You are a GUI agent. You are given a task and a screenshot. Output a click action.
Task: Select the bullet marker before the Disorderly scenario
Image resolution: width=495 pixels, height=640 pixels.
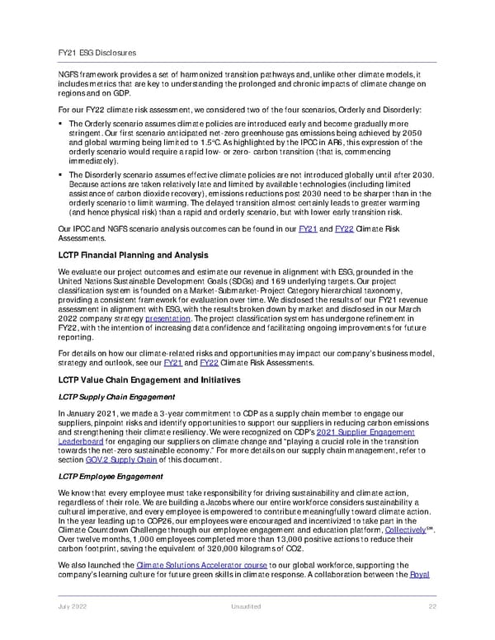pos(62,176)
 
